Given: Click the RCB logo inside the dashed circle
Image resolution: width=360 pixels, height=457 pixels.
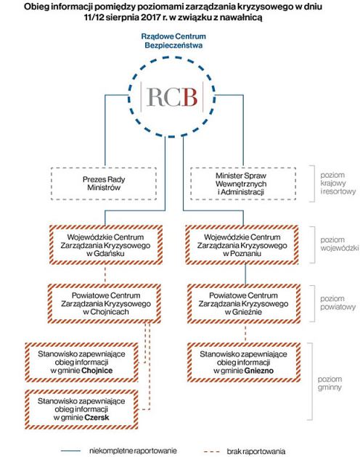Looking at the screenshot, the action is [x=172, y=96].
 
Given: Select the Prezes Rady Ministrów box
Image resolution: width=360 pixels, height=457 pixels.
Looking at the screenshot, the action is [x=104, y=184].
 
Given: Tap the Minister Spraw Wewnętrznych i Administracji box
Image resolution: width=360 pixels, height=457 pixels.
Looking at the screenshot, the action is [x=243, y=184].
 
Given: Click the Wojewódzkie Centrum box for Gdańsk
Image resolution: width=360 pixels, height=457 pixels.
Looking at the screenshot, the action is [x=106, y=245].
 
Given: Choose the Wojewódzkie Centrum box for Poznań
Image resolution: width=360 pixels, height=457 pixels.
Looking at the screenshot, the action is [x=242, y=245].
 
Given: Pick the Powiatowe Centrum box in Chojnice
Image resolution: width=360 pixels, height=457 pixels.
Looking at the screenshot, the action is [x=105, y=303].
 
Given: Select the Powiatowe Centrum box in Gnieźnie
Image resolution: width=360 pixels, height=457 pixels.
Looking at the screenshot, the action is [x=244, y=303].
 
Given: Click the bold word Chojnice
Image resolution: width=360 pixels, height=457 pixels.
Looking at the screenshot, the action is [x=97, y=371].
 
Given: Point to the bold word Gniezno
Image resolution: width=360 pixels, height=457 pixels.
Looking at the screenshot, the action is [x=259, y=371].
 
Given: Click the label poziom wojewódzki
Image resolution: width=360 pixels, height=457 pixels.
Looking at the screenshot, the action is [x=339, y=244].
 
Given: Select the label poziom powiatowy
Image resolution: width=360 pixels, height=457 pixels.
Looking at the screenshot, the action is [x=337, y=302].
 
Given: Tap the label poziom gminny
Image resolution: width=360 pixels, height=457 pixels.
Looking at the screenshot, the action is [x=330, y=383].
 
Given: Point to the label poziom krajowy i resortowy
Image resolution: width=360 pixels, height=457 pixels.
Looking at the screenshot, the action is [x=337, y=184].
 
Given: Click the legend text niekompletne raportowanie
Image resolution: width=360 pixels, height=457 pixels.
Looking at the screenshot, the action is [x=133, y=450].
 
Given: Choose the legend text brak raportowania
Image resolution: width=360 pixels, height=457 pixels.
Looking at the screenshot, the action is [x=256, y=451].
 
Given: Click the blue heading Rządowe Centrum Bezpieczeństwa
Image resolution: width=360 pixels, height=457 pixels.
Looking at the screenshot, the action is [x=173, y=41].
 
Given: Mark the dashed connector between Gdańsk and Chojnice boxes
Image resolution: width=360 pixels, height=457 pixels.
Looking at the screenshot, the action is [x=105, y=274].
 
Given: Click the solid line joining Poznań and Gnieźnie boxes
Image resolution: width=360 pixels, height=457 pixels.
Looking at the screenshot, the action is [x=245, y=274].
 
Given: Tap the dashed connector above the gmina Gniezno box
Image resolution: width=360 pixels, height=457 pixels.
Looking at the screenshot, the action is [x=245, y=333].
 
